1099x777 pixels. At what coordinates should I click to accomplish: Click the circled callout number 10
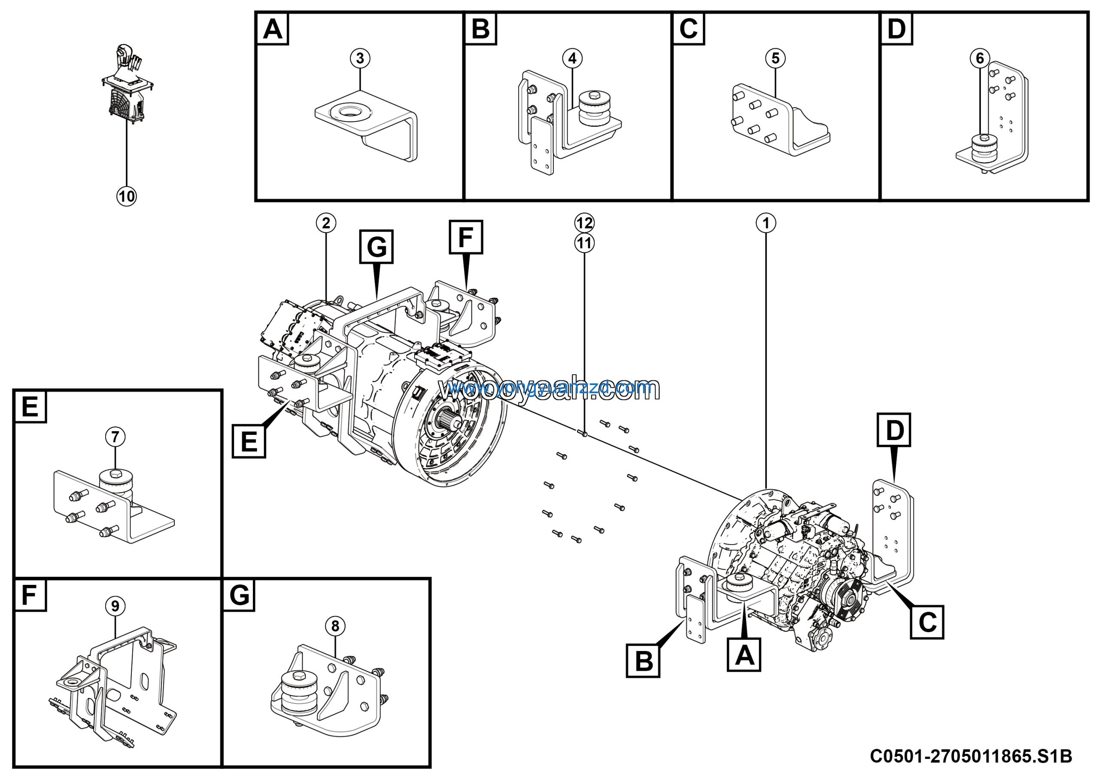click(126, 196)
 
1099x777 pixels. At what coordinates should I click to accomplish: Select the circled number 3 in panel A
click(360, 58)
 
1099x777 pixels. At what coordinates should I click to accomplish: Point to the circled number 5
click(775, 58)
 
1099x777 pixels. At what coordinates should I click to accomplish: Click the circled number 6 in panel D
click(980, 58)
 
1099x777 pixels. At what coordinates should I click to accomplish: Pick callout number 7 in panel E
click(115, 437)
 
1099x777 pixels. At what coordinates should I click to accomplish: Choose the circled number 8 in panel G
click(335, 626)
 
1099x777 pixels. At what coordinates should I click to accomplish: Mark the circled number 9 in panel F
click(115, 606)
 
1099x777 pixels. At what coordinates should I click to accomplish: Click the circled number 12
click(584, 223)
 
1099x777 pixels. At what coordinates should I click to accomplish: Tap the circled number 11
click(584, 243)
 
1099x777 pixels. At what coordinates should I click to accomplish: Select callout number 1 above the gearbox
click(766, 223)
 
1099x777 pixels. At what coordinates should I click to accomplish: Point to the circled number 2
click(326, 223)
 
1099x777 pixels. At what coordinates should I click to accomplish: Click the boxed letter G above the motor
click(376, 247)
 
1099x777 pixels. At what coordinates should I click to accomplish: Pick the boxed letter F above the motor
click(466, 237)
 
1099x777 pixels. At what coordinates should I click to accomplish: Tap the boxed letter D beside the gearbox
click(894, 430)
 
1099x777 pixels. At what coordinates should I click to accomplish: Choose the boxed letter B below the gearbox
click(643, 661)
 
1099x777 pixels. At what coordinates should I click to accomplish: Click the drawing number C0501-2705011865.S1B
click(971, 756)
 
